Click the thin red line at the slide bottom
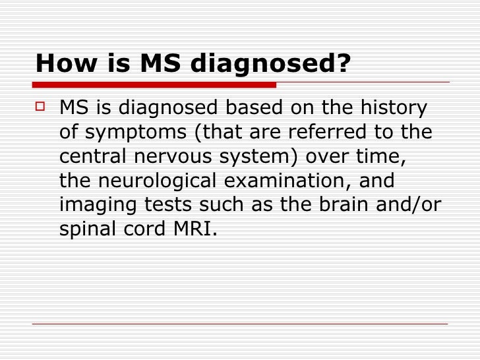(x=240, y=323)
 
